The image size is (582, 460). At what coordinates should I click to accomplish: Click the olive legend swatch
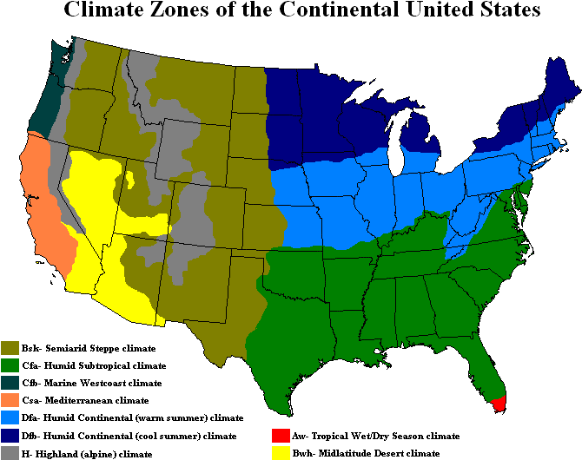tap(10, 348)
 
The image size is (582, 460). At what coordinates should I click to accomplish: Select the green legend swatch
tap(10, 365)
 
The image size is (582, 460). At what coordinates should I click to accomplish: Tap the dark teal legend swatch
tap(10, 383)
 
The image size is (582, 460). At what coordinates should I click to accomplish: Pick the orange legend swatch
tap(10, 400)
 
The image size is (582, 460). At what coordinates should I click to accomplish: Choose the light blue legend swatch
tap(10, 417)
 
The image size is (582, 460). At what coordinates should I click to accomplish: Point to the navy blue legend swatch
tap(10, 435)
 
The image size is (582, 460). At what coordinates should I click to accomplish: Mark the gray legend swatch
tap(10, 452)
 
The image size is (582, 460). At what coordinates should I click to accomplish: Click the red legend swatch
tap(281, 435)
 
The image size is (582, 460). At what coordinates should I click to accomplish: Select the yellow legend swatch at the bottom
tap(281, 452)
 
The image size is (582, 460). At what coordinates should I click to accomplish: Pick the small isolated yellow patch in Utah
tap(130, 180)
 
